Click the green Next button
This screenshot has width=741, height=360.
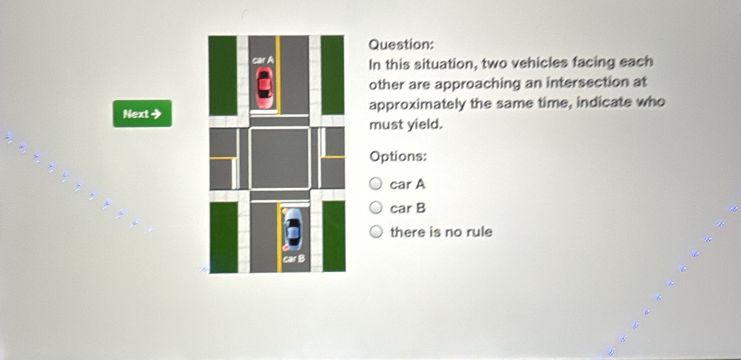click(142, 114)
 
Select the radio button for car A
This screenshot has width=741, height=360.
click(376, 184)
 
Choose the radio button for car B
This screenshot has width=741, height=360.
click(376, 207)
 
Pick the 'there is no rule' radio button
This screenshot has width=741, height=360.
click(376, 231)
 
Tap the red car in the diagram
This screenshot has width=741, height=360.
click(264, 87)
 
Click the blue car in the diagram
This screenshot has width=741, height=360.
click(293, 229)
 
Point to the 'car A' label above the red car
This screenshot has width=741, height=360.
click(263, 60)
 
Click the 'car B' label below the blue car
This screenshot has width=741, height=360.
click(293, 259)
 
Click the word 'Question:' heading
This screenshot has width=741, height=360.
click(401, 45)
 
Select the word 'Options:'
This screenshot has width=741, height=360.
click(399, 156)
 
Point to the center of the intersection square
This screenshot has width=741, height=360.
click(279, 158)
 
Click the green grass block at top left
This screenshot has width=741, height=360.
click(222, 75)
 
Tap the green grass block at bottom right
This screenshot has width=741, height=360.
click(334, 236)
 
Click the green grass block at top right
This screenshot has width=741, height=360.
click(332, 75)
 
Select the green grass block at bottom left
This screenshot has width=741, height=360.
click(224, 237)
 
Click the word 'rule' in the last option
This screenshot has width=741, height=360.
click(479, 232)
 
